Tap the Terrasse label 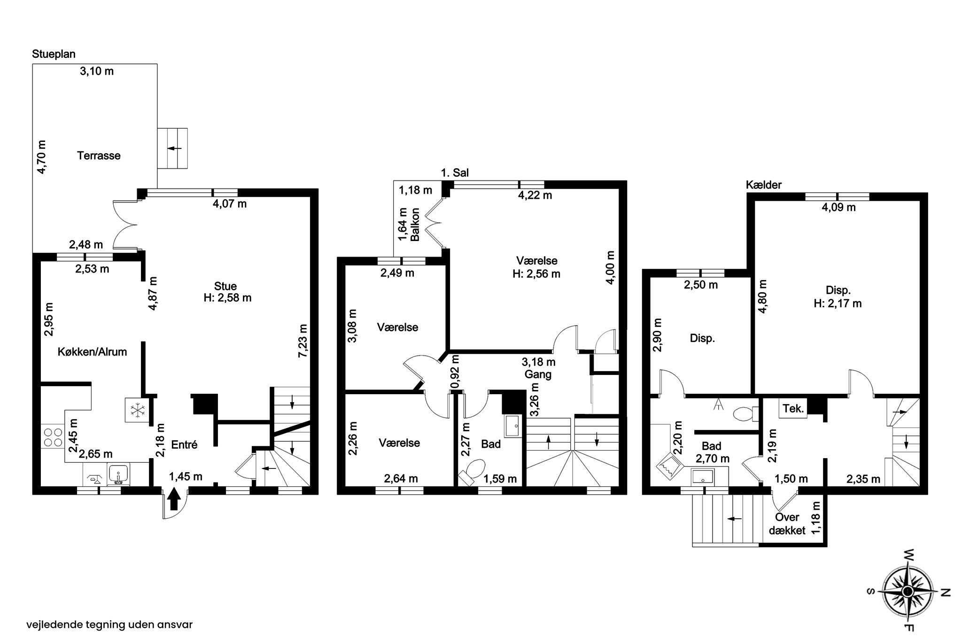[x=99, y=156]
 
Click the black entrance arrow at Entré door [x=174, y=499]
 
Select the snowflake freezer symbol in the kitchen [x=137, y=411]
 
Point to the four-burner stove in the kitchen [x=52, y=437]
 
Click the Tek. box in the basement [x=793, y=409]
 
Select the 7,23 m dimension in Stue [x=303, y=341]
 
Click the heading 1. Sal [x=455, y=173]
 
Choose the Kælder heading [x=764, y=185]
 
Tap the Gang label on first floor [x=538, y=374]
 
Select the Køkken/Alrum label [x=93, y=351]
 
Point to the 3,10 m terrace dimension [x=97, y=71]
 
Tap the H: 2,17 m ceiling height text [x=838, y=304]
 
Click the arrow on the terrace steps [x=174, y=148]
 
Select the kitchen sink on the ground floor [x=118, y=474]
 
